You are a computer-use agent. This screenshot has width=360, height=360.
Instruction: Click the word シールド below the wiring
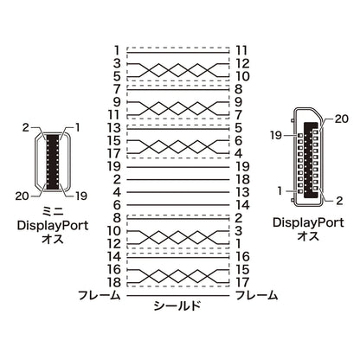[177, 305]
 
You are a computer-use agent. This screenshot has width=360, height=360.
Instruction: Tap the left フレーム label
[100, 295]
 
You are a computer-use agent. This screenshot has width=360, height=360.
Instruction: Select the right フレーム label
[257, 295]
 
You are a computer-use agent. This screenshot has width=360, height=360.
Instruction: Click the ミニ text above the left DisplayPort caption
[53, 212]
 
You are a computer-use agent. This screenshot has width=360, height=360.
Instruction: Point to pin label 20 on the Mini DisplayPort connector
[22, 196]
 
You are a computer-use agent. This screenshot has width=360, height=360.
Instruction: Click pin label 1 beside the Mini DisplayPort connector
[77, 127]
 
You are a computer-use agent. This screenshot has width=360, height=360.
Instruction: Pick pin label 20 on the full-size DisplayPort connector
[342, 119]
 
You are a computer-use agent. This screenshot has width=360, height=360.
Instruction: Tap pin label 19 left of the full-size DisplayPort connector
[276, 135]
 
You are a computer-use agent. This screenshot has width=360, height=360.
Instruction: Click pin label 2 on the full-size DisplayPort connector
[339, 201]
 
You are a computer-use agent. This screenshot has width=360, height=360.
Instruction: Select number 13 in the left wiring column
[113, 128]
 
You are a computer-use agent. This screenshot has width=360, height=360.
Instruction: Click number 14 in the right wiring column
[242, 205]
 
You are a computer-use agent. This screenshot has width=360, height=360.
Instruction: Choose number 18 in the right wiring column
[242, 179]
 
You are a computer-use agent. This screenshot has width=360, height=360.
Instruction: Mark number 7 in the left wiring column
[117, 89]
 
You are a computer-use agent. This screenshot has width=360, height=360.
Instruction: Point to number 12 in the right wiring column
[242, 63]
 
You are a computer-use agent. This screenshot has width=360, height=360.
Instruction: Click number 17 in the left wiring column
[113, 153]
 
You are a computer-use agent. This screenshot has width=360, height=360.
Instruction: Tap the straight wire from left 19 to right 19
[178, 167]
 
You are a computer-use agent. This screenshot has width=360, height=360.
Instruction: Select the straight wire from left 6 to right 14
[178, 205]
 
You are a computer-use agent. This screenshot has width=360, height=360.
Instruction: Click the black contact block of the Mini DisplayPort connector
[53, 162]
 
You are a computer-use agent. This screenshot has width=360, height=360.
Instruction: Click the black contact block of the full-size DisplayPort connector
[311, 160]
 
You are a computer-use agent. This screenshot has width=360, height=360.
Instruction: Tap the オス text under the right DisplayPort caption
[308, 236]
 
